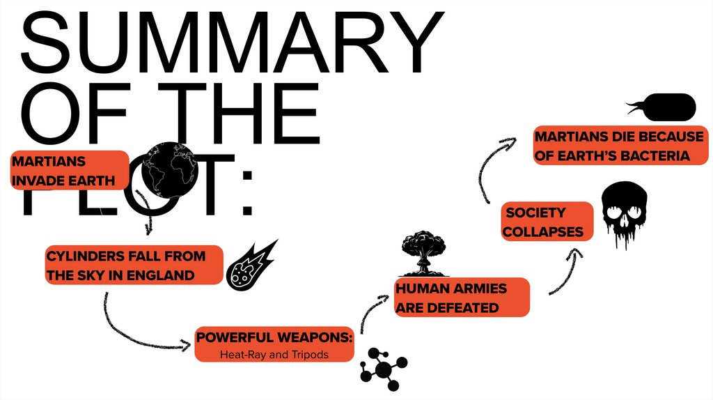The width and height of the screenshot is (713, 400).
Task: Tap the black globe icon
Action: pos(170,169)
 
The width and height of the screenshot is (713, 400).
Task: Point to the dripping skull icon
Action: pos(622,215)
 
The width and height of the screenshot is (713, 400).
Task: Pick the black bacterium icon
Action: pos(666,107)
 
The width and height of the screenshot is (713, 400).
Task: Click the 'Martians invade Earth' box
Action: pos(70,171)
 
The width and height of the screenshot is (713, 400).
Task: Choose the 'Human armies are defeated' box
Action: pos(462,298)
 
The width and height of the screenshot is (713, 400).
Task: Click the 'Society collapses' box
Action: pos(547,222)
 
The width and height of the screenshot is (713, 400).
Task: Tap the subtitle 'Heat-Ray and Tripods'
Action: pos(274,355)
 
